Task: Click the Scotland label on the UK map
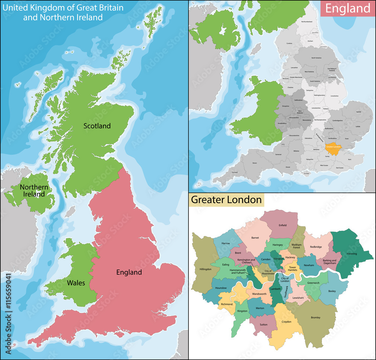point(97,126)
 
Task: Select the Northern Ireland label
point(34,190)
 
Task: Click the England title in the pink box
point(348,8)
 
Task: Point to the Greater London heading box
point(226,199)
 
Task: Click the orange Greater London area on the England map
point(332,148)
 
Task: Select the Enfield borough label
point(282,225)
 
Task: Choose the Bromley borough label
point(315,317)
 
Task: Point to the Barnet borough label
point(255,238)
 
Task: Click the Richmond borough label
point(227,304)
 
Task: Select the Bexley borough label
point(332,291)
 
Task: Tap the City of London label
point(285,279)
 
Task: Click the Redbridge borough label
point(316,247)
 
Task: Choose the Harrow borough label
point(226,243)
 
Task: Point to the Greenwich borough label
point(313,283)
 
